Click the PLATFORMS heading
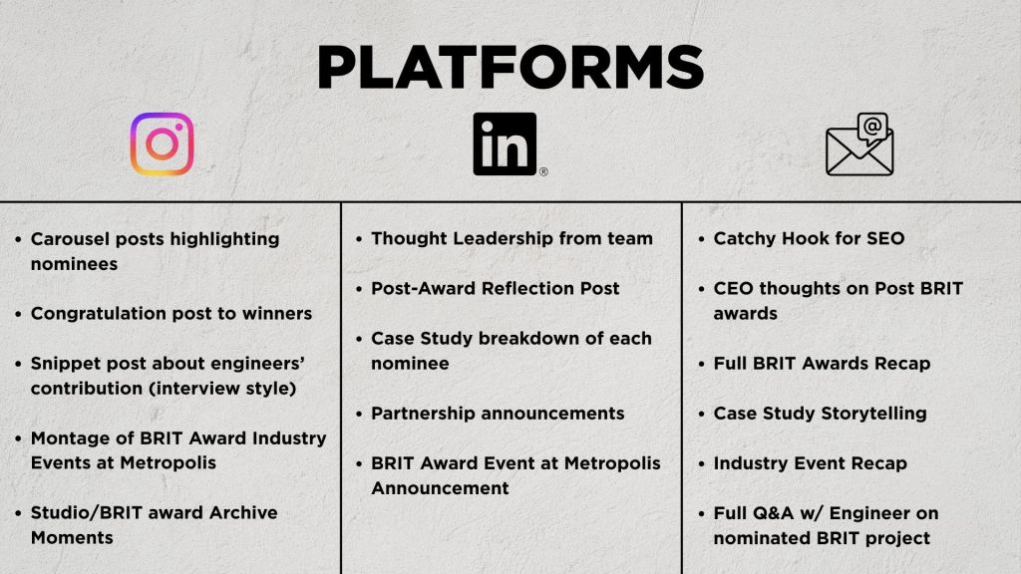[x=510, y=68]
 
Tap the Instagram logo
[x=163, y=143]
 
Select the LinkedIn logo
[x=505, y=143]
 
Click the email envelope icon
[x=859, y=144]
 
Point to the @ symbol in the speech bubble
[x=872, y=126]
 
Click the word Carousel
[x=70, y=239]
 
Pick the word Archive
[x=243, y=513]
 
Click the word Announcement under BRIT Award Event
[x=440, y=488]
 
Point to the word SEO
[x=885, y=238]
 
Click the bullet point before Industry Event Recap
[x=701, y=464]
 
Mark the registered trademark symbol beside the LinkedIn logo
[x=543, y=171]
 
